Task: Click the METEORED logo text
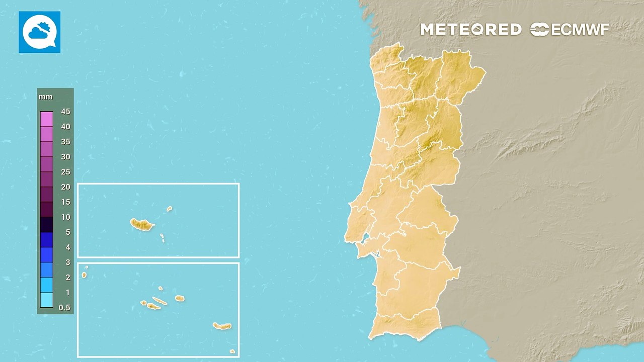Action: pos(470,30)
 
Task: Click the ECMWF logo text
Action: pos(570,30)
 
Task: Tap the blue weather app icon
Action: pos(39,32)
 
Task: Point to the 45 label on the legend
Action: pos(65,112)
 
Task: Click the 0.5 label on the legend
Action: pos(65,308)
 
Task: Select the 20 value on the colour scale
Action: pos(65,187)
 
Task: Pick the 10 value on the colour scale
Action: pos(65,217)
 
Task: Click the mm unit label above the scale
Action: pos(45,97)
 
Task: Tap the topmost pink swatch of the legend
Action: pos(46,119)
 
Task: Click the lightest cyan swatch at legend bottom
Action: pos(46,300)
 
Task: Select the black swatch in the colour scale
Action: pos(46,224)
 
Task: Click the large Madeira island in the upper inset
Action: pos(142,224)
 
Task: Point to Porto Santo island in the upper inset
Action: pos(170,209)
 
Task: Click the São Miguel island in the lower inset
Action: pos(222,326)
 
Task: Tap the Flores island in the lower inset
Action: pos(84,275)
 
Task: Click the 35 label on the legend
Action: pos(65,142)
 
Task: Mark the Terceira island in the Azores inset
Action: pos(180,298)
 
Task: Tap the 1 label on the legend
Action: pos(67,293)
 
